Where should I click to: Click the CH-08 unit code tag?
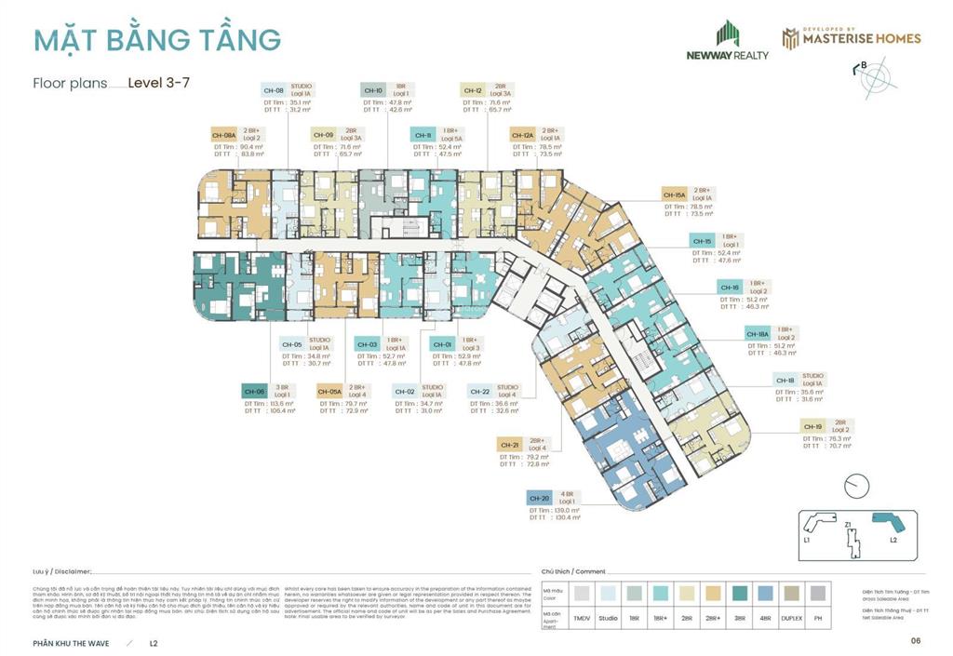(274, 90)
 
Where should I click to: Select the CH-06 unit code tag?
(255, 392)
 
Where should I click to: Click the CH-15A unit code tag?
(675, 194)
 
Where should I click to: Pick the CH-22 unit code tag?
(480, 392)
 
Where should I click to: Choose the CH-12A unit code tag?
(522, 135)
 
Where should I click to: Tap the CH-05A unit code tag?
(329, 392)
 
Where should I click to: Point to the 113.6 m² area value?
(281, 404)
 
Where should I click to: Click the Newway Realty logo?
(728, 42)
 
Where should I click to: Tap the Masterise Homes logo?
(851, 38)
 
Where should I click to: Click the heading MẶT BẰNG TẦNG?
(156, 40)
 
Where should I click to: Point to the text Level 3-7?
(159, 82)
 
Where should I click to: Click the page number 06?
(916, 640)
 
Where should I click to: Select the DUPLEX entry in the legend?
(790, 618)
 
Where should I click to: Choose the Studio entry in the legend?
(608, 618)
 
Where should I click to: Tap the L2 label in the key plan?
(892, 540)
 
